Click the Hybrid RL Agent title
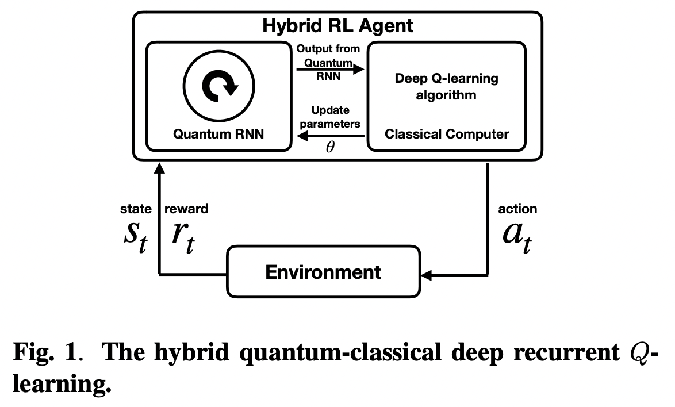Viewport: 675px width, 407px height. click(x=337, y=25)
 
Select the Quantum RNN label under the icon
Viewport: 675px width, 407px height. click(x=218, y=135)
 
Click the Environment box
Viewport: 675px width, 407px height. click(x=323, y=271)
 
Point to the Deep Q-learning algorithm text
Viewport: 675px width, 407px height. click(x=446, y=86)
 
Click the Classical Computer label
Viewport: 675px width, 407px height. click(x=446, y=135)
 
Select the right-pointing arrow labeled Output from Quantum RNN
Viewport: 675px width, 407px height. click(x=330, y=70)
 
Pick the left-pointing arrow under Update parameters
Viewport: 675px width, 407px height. click(x=330, y=136)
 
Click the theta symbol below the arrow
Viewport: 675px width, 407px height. click(x=330, y=148)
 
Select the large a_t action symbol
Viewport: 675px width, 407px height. click(x=516, y=236)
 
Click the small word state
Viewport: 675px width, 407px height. click(x=136, y=209)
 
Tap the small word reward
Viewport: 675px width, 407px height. click(x=186, y=209)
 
